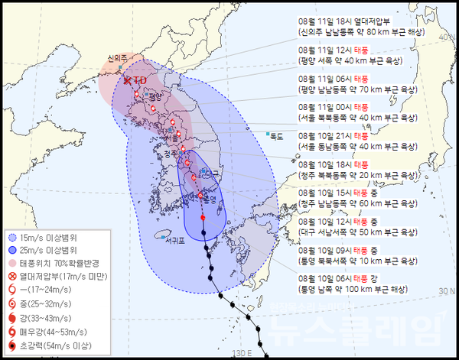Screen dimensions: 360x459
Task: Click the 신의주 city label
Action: tap(117, 57)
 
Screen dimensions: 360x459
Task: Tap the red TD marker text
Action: tap(139, 79)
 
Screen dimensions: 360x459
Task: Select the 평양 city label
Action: tap(157, 96)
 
